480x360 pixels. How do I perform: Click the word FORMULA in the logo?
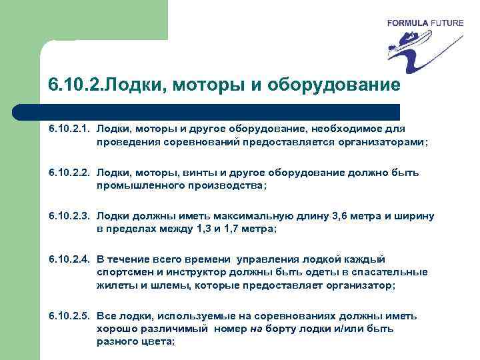[407, 23]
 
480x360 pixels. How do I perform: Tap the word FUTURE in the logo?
[445, 23]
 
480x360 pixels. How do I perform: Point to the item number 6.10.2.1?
[69, 128]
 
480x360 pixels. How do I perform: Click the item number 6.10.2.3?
[69, 216]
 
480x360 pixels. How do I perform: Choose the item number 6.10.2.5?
[69, 316]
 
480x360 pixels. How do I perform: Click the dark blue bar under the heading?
[220, 111]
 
